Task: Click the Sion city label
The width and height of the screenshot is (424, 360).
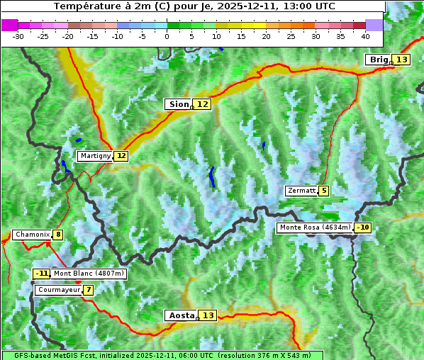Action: point(178,104)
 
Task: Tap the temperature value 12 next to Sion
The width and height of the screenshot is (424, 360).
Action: point(203,104)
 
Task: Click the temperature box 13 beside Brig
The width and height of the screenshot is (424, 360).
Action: point(402,60)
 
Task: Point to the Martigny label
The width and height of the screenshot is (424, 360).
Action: point(95,156)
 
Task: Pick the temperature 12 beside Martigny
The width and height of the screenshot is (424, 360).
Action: point(121,156)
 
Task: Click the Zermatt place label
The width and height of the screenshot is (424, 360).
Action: point(301,191)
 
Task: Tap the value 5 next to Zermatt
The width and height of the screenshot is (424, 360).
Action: point(324,191)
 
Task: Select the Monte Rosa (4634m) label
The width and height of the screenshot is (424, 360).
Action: point(315,227)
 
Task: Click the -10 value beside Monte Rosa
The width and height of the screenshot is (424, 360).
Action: point(363,227)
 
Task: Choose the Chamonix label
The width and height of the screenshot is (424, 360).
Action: point(32,235)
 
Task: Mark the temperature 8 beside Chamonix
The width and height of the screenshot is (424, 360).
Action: point(57,235)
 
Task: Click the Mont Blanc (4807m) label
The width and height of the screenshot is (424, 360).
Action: point(89,274)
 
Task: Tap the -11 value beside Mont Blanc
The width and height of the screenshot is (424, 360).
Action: point(41,274)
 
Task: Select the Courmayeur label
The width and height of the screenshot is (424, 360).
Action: point(58,290)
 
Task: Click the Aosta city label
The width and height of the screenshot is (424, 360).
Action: point(180,315)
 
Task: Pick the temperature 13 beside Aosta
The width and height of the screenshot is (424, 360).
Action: point(208,315)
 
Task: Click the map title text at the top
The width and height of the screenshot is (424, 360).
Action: point(193,6)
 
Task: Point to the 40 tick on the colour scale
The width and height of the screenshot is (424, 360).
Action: point(365,35)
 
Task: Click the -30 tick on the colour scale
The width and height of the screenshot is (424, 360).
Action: point(18,35)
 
